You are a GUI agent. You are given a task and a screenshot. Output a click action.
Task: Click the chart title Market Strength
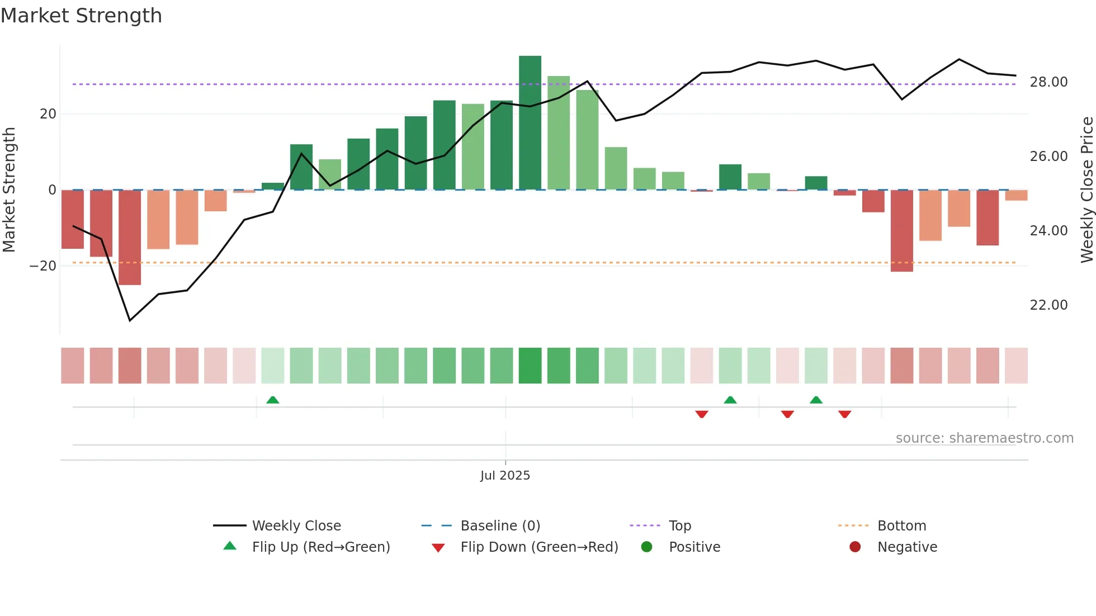[x=81, y=16]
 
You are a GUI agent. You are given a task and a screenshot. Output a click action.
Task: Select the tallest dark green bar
[x=530, y=123]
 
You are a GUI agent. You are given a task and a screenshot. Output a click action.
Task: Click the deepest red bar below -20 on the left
[x=130, y=238]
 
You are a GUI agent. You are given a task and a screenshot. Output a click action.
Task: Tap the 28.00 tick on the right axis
[x=1048, y=82]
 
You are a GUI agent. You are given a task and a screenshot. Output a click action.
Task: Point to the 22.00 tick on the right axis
[x=1048, y=305]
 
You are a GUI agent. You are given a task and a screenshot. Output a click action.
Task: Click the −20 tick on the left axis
[x=43, y=266]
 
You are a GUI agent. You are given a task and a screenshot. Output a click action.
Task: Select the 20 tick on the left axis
[x=48, y=114]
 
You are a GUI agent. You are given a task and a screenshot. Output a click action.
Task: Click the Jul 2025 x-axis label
[x=505, y=476]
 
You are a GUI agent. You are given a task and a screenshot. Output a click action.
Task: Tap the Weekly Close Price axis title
[x=1086, y=190]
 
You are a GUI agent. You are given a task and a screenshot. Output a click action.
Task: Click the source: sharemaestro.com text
[x=984, y=438]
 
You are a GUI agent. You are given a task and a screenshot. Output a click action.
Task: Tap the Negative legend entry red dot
[x=855, y=547]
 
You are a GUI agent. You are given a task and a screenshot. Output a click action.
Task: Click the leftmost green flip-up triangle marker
[x=272, y=400]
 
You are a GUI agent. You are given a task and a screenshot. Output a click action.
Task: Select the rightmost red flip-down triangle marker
[x=844, y=414]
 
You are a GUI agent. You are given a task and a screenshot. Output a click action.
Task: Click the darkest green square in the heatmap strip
[x=530, y=366]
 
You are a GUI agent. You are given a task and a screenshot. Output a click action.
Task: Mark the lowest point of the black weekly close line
[x=130, y=320]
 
